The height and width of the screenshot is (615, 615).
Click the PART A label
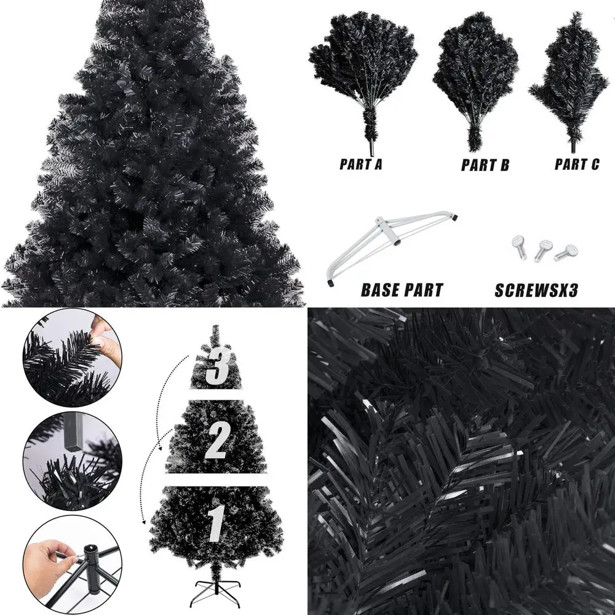364,164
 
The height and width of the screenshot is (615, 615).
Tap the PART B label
485,165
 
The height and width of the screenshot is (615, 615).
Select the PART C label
576,164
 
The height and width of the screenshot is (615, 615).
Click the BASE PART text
402,290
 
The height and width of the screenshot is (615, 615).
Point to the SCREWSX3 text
536,290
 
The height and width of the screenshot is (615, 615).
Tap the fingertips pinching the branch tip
101,335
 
